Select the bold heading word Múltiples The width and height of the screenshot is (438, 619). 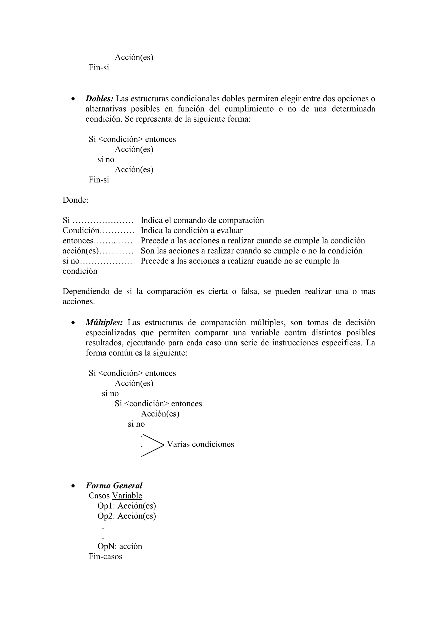point(104,323)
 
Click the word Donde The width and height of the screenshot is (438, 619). point(75,200)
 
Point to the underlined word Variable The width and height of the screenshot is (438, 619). point(127,495)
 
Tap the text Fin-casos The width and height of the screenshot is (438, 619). point(105,556)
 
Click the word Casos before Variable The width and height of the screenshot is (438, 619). point(99,495)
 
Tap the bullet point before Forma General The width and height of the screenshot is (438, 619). point(73,486)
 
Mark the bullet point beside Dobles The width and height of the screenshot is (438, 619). point(73,99)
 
